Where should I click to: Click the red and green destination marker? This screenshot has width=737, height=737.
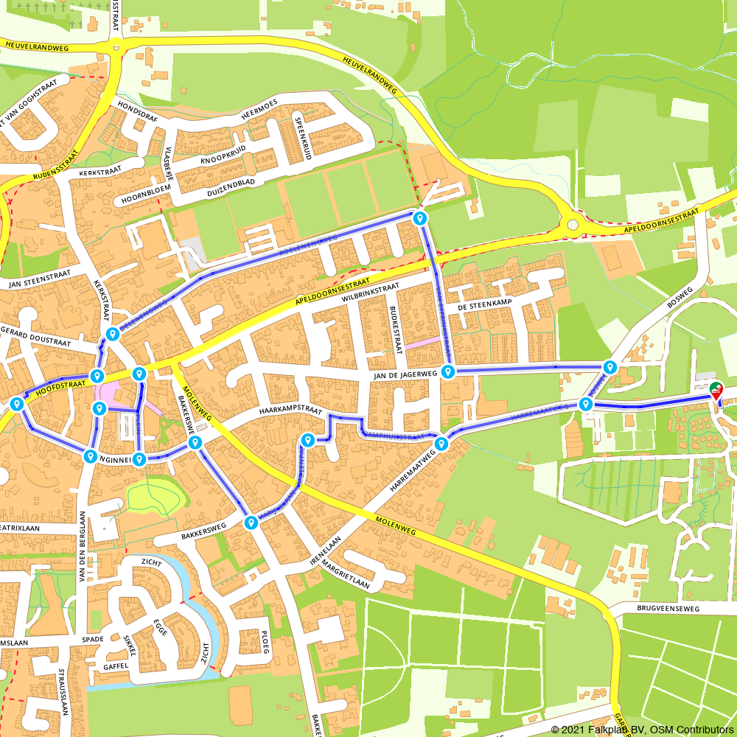[714, 391]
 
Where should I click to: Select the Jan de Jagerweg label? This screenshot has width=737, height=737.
[406, 374]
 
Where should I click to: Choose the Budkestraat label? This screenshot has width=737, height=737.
[396, 329]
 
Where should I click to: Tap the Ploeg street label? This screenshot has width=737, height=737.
[266, 642]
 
